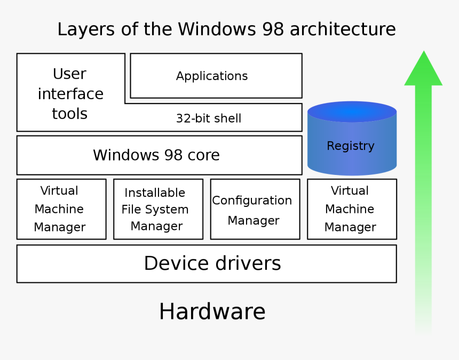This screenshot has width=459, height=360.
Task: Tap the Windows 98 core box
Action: click(x=159, y=155)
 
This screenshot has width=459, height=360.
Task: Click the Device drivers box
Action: click(x=207, y=263)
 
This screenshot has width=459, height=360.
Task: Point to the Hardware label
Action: click(x=212, y=311)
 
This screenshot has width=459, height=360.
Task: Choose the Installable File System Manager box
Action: click(x=158, y=209)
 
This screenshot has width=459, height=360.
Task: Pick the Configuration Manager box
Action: click(x=255, y=209)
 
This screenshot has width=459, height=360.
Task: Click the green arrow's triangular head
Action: click(x=423, y=70)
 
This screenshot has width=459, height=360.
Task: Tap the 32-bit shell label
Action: click(x=209, y=118)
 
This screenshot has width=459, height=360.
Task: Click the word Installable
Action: click(x=155, y=193)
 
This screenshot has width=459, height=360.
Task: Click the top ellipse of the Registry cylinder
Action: click(x=352, y=112)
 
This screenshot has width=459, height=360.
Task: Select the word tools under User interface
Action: click(x=69, y=114)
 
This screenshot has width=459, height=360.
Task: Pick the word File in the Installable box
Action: click(x=131, y=210)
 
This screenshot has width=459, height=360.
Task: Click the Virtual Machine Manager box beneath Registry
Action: click(x=352, y=209)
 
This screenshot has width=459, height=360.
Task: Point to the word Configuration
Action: click(x=252, y=201)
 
